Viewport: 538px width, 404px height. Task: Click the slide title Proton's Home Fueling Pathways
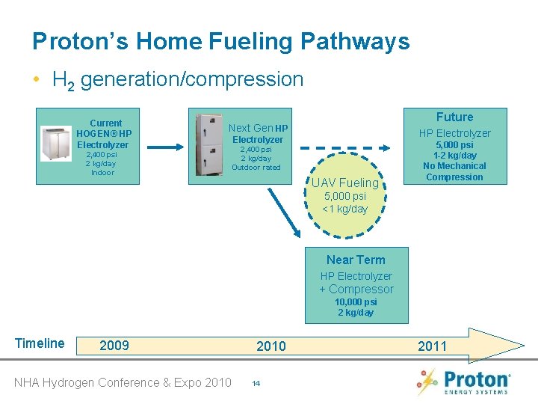(221, 41)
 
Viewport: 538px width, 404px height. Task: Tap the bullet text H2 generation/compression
(178, 79)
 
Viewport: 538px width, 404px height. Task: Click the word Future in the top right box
(454, 117)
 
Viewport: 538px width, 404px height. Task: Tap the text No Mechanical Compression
(454, 171)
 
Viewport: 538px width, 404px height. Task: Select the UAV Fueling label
(345, 183)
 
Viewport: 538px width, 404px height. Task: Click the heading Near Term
(356, 260)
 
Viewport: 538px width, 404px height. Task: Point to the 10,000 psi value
(356, 302)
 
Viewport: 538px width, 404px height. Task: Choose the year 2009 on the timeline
(114, 345)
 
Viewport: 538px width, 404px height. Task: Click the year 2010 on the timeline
(270, 345)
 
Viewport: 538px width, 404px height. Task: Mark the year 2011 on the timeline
(432, 346)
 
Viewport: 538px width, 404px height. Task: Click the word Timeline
(40, 343)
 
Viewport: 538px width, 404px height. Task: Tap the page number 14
(256, 383)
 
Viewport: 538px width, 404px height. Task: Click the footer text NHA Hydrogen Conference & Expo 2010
(123, 382)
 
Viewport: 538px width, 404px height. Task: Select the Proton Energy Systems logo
(463, 381)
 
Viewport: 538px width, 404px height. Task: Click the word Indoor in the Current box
(102, 173)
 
